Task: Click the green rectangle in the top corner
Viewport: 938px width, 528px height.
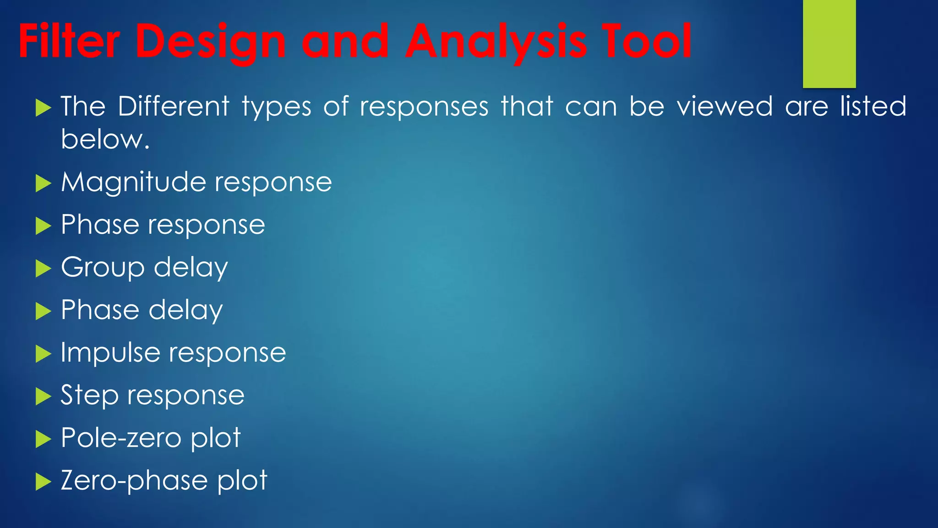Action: (x=829, y=44)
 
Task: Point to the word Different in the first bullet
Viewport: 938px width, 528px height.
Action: (x=173, y=106)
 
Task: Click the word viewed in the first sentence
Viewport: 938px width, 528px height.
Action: (x=725, y=106)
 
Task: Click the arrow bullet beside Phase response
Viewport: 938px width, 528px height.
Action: (x=43, y=226)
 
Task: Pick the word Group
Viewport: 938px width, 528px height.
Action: (x=103, y=267)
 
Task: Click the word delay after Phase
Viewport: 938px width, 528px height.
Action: (x=185, y=310)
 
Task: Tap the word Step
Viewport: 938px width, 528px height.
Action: (x=89, y=395)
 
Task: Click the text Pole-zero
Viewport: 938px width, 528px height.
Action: (x=121, y=438)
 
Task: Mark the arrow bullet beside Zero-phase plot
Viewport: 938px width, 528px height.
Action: (x=43, y=482)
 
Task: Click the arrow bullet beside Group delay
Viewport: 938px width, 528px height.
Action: (x=43, y=269)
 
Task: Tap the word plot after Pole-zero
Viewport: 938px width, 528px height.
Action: (x=215, y=438)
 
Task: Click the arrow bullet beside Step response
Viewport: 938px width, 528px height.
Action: (x=43, y=396)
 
